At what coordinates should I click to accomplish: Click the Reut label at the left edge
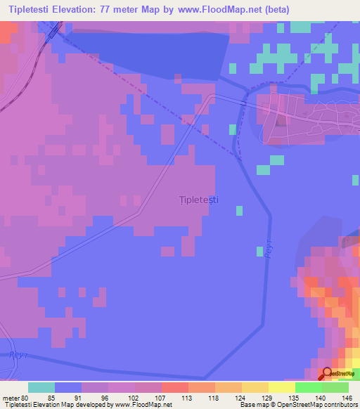[x=15, y=356]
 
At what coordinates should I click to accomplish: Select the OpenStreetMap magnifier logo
[x=328, y=375]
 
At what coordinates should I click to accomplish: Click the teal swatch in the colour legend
[x=41, y=387]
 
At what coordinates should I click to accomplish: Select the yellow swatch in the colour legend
[x=282, y=387]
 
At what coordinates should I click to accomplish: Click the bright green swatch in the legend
[x=309, y=387]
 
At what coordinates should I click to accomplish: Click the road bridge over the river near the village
[x=243, y=103]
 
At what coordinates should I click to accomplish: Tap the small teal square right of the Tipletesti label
[x=240, y=210]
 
